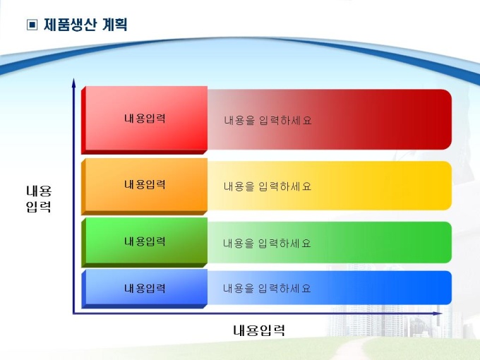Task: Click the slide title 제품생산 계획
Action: (x=85, y=25)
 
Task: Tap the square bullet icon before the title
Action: (x=32, y=25)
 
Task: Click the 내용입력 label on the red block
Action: (x=145, y=119)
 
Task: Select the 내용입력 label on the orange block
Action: (x=145, y=184)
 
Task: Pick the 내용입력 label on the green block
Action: (x=145, y=241)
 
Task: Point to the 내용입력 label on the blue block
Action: (x=145, y=288)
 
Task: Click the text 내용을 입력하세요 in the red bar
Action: (x=268, y=120)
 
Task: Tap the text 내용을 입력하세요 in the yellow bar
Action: (x=268, y=186)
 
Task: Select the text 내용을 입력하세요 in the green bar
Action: (x=267, y=244)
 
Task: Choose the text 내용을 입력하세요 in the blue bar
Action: (x=267, y=289)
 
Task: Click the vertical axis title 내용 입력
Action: (x=39, y=198)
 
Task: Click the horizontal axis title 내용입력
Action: (x=259, y=330)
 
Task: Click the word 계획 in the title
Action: (x=115, y=25)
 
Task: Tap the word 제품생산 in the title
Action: (x=70, y=25)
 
